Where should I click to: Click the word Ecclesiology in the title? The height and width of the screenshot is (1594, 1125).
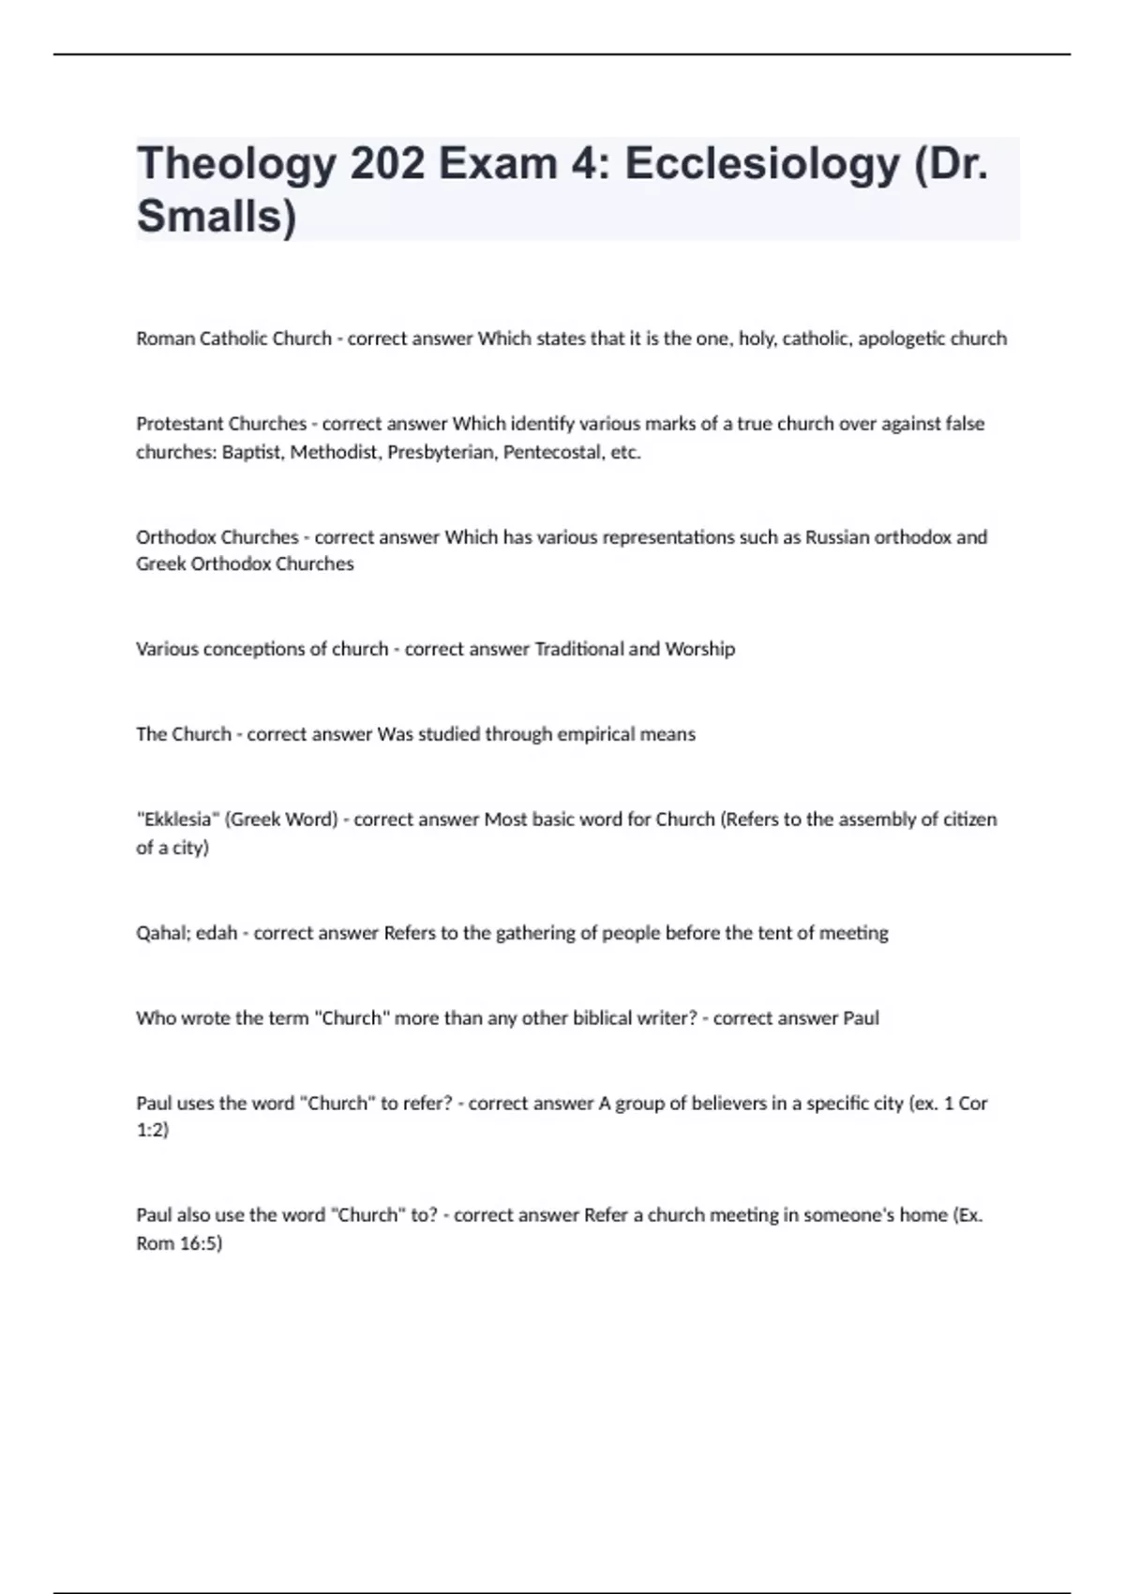click(761, 164)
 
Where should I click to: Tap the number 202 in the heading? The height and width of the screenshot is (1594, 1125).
click(387, 164)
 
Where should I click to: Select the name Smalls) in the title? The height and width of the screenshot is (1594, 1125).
click(217, 217)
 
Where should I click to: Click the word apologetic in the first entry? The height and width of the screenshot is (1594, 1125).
click(901, 338)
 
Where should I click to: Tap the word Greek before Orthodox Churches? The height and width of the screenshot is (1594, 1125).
click(160, 564)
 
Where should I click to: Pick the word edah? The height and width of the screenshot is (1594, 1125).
click(217, 933)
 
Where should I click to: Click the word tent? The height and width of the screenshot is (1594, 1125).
click(774, 933)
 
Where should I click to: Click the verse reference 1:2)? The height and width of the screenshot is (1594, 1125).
click(152, 1131)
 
